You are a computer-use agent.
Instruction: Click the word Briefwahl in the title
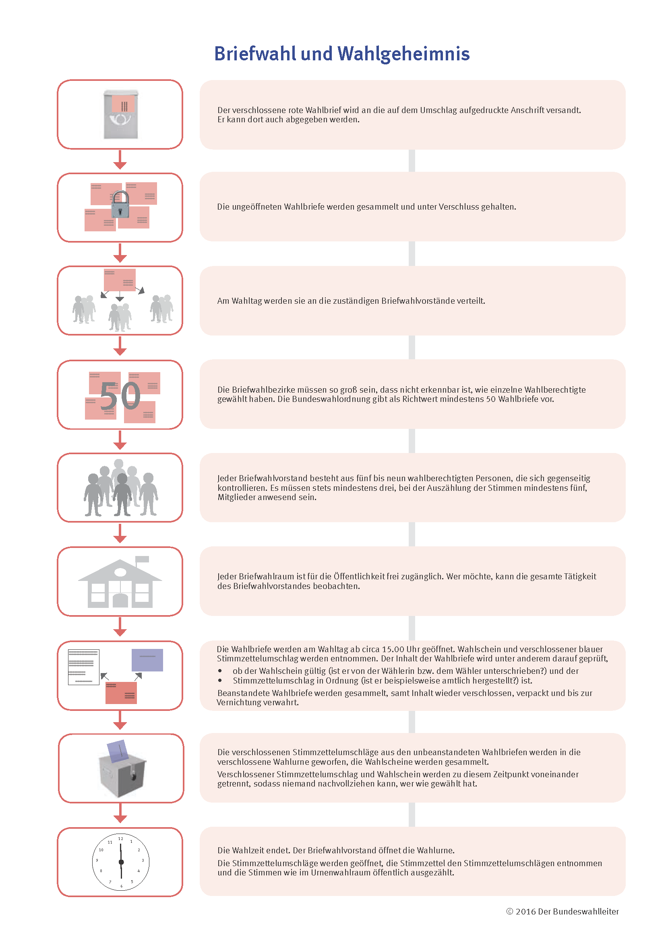pos(254,54)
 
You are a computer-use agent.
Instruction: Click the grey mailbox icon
pos(120,114)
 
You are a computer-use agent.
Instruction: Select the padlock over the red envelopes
pos(120,204)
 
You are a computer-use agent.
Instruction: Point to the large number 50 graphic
pos(120,395)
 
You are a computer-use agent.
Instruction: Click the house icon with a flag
pos(120,582)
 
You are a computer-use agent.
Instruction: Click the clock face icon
pos(121,862)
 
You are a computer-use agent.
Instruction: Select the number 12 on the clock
pos(120,838)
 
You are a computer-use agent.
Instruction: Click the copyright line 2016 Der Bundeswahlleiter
pos(562,912)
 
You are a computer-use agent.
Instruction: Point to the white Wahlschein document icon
pos(84,667)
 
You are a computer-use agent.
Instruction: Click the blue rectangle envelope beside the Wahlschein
pos(147,660)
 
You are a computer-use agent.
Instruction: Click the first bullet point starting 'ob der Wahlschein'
pos(220,671)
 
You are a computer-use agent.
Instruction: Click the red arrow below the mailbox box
pos(120,159)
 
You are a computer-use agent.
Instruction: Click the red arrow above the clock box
pos(120,813)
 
